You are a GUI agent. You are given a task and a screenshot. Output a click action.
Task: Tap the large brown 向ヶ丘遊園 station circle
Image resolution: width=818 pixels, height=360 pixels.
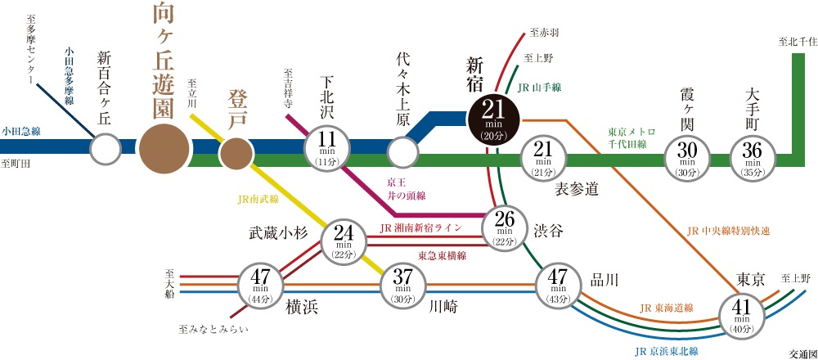[166, 149]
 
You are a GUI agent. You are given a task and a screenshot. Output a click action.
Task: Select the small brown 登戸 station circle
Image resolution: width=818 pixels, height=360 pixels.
[237, 152]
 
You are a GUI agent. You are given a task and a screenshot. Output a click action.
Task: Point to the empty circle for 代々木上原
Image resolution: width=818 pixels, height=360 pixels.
[402, 152]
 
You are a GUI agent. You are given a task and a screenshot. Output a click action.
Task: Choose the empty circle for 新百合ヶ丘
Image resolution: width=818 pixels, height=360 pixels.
[105, 151]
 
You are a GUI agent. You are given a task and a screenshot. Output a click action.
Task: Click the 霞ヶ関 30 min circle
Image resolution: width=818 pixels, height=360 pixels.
[687, 155]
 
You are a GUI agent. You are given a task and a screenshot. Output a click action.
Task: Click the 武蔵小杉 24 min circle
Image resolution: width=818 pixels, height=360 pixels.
[344, 239]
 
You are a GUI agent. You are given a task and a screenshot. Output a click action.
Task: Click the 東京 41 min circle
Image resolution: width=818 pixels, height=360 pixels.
[741, 313]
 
